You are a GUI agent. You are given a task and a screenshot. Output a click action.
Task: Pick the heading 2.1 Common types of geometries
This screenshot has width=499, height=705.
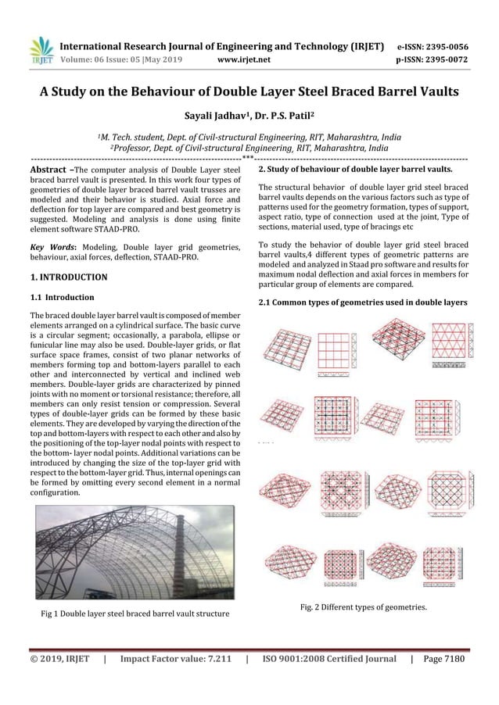pyautogui.click(x=362, y=302)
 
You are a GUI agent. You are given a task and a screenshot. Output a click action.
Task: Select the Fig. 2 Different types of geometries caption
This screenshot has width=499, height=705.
pyautogui.click(x=365, y=605)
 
